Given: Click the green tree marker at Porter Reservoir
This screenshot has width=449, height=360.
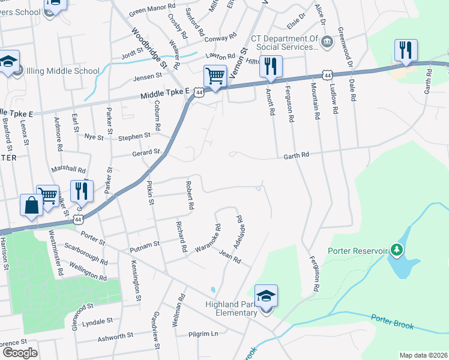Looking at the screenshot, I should click(x=396, y=248).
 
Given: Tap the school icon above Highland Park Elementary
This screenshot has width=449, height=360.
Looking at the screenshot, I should click(x=266, y=295).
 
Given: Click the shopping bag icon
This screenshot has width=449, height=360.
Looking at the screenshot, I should click(x=31, y=206).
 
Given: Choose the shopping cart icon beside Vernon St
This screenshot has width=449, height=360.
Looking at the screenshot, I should click(x=215, y=76).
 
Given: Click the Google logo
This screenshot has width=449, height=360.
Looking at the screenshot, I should click(x=20, y=353).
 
